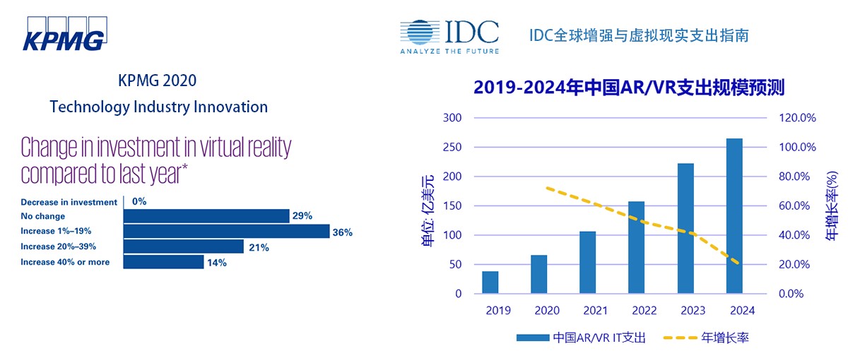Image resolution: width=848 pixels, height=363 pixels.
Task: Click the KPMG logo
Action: (63, 33)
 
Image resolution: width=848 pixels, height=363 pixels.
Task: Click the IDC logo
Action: (449, 36)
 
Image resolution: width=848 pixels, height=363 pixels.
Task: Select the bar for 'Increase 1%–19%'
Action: (226, 232)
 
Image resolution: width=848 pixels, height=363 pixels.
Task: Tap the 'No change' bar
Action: (206, 216)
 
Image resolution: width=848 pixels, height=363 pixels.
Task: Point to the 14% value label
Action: (217, 262)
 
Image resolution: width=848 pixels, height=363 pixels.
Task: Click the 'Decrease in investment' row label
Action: (69, 202)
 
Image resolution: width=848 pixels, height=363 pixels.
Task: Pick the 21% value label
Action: (257, 246)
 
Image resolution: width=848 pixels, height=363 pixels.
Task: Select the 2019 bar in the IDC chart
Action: (490, 282)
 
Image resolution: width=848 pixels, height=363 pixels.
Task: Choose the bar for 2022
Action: (637, 247)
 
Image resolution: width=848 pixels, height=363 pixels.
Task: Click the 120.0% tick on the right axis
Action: (797, 118)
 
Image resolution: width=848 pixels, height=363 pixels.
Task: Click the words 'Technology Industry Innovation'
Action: (158, 107)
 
